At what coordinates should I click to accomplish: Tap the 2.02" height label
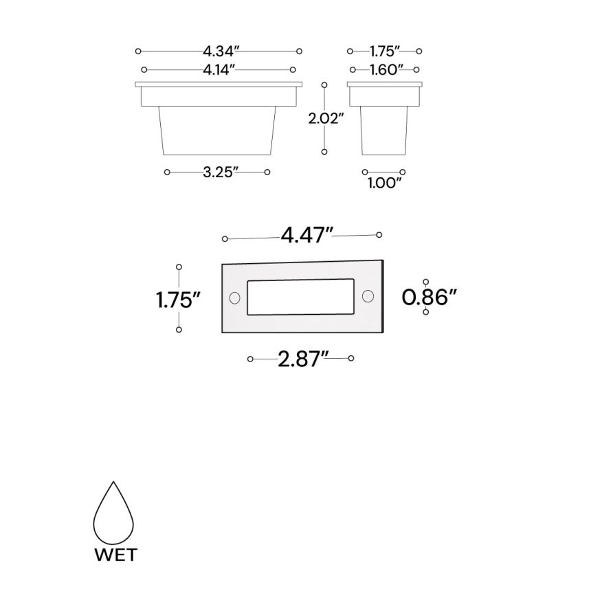(325, 118)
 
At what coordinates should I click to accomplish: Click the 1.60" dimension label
(386, 69)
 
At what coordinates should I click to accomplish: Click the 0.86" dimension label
(430, 297)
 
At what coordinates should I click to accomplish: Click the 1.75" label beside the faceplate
(177, 299)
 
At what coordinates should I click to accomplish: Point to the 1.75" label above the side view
(386, 51)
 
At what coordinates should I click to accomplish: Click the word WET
(115, 554)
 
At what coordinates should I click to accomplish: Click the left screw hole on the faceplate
(234, 298)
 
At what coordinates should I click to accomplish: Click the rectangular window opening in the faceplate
(301, 297)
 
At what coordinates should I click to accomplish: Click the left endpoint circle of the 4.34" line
(138, 51)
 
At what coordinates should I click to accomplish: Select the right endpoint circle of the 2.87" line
(351, 358)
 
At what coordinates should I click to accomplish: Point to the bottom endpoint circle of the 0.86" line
(426, 312)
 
